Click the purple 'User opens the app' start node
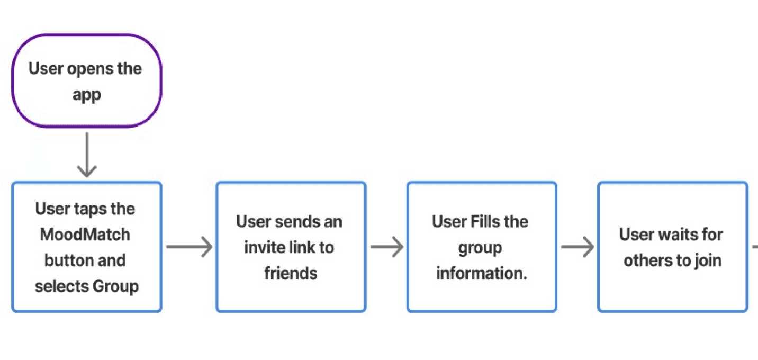(x=86, y=81)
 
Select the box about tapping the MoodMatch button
(x=86, y=247)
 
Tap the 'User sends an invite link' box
(x=291, y=247)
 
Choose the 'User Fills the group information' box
(x=481, y=247)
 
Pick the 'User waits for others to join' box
(x=672, y=247)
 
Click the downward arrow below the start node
(x=87, y=155)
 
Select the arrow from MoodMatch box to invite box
(x=189, y=247)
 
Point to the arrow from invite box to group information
(x=386, y=247)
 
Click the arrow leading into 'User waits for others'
(x=577, y=247)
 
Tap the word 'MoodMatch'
(x=85, y=235)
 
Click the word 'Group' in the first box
(x=116, y=286)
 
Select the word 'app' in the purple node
(x=86, y=96)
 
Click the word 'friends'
(x=291, y=273)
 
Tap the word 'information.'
(x=481, y=273)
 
